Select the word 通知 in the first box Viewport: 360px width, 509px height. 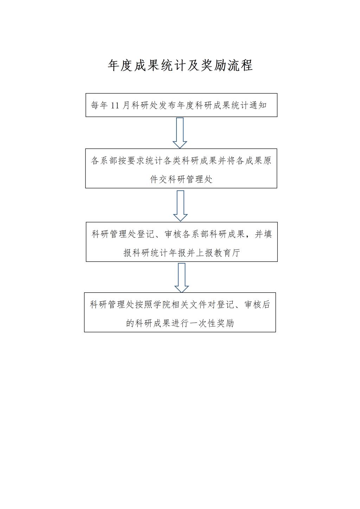pyautogui.click(x=258, y=105)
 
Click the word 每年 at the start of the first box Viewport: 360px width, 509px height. pyautogui.click(x=99, y=105)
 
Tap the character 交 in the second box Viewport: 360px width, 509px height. pyautogui.click(x=163, y=179)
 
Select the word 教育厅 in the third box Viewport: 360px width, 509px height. pyautogui.click(x=227, y=253)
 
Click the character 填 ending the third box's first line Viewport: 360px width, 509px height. pyautogui.click(x=268, y=234)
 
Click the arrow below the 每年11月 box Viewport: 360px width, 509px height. pyautogui.click(x=180, y=133)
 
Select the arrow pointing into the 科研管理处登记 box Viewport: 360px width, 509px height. pyautogui.click(x=180, y=206)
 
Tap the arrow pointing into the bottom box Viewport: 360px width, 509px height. pyautogui.click(x=182, y=278)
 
